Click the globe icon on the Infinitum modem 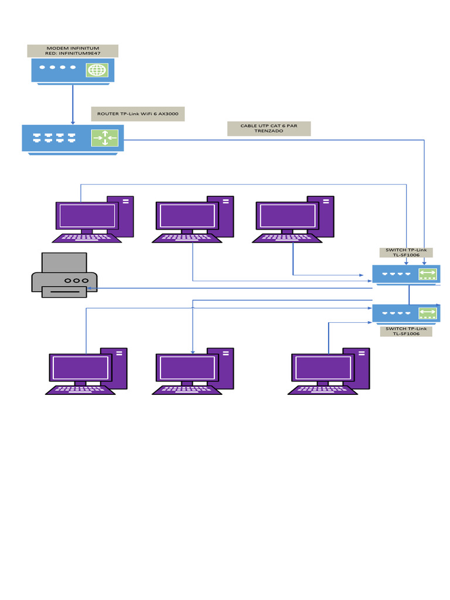click(x=97, y=70)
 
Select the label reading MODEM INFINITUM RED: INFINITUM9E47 click(x=73, y=51)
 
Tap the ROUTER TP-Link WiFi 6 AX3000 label click(x=138, y=114)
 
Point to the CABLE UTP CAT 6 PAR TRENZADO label click(x=269, y=128)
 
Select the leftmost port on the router click(x=37, y=138)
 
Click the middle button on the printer click(x=76, y=281)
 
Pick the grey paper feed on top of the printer click(x=64, y=262)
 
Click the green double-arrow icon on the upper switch click(x=428, y=274)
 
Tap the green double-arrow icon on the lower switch click(x=428, y=313)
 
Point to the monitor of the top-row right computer click(x=287, y=216)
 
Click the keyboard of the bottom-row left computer click(x=80, y=390)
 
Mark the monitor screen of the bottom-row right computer click(x=322, y=367)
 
